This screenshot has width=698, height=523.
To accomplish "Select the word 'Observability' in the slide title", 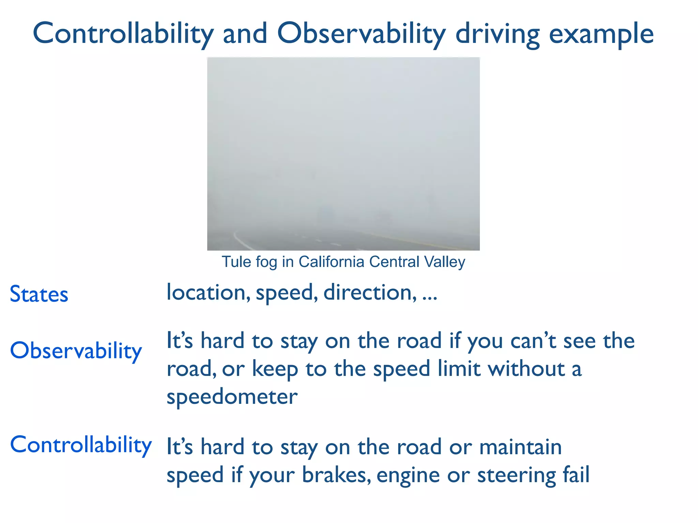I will tap(361, 34).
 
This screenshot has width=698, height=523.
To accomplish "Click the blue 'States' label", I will tap(39, 294).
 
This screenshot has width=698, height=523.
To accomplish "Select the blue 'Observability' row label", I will tap(76, 351).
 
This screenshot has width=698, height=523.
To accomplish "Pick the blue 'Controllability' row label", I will tap(81, 445).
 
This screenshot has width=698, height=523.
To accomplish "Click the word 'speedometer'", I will tap(232, 397).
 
